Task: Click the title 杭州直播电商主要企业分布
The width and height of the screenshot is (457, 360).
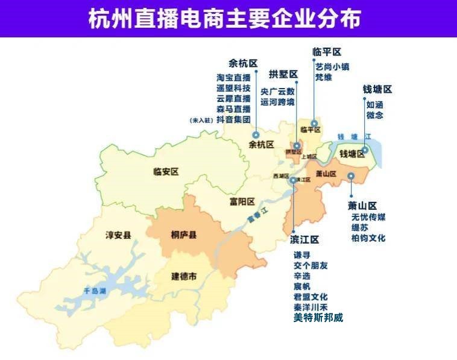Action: click(x=228, y=19)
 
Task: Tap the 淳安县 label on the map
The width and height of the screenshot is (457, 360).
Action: click(x=118, y=235)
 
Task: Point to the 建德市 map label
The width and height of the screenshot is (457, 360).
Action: click(x=184, y=276)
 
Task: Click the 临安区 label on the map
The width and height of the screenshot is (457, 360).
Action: click(x=166, y=172)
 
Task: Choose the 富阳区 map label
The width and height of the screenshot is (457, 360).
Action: click(x=242, y=201)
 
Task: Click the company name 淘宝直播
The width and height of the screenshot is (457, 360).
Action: click(x=233, y=77)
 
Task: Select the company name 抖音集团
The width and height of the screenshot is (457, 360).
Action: click(x=233, y=120)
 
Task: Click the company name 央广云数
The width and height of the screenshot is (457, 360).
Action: click(x=277, y=92)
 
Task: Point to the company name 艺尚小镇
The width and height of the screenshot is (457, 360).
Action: click(x=332, y=67)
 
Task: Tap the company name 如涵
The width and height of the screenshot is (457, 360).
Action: click(x=374, y=104)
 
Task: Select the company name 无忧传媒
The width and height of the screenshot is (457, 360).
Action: click(x=368, y=217)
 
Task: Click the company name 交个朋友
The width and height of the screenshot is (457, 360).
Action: click(x=310, y=265)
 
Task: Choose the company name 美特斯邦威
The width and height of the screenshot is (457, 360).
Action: click(x=318, y=318)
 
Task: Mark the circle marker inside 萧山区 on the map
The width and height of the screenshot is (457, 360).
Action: click(x=351, y=176)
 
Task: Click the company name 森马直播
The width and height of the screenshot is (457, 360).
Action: click(x=233, y=109)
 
